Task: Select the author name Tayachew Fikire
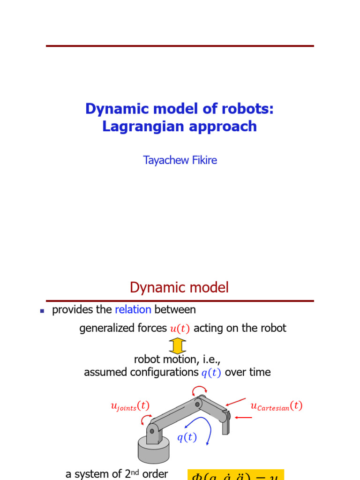pos(180,160)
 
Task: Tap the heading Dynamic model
pos(180,287)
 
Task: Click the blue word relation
pos(133,309)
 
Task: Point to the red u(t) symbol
pos(180,329)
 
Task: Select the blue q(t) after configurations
pos(210,373)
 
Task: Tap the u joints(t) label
pos(130,406)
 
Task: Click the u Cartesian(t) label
pos(277,406)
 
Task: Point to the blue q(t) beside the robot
pos(187,437)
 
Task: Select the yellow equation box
pos(236,474)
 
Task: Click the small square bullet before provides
pos(42,310)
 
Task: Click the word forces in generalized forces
pos(152,328)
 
